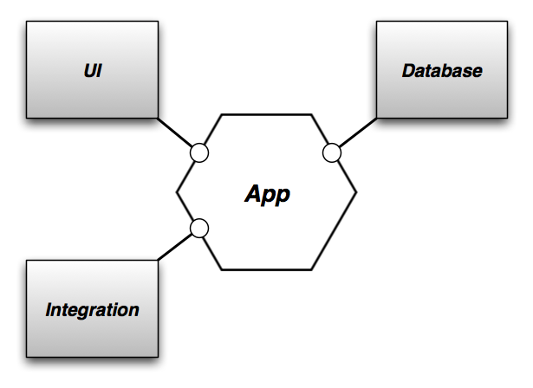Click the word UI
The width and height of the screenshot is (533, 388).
pyautogui.click(x=92, y=70)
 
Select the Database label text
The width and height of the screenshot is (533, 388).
pyautogui.click(x=441, y=70)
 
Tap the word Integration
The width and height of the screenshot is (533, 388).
pyautogui.click(x=92, y=308)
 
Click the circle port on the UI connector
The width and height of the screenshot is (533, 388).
pyautogui.click(x=199, y=153)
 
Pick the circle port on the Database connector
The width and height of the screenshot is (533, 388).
pyautogui.click(x=332, y=153)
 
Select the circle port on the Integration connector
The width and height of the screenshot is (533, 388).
pyautogui.click(x=199, y=229)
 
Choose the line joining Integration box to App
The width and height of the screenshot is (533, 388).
pyautogui.click(x=176, y=246)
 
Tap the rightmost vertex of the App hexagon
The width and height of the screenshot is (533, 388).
pyautogui.click(x=356, y=192)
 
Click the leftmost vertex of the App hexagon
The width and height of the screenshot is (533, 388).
pyautogui.click(x=177, y=192)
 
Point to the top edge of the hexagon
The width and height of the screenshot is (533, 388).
pyautogui.click(x=266, y=114)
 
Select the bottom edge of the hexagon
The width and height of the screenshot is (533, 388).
pyautogui.click(x=266, y=269)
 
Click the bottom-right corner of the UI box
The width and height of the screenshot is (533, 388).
pyautogui.click(x=158, y=118)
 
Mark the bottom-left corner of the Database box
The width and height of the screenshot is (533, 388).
pyautogui.click(x=376, y=118)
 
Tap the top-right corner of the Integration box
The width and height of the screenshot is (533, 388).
pyautogui.click(x=158, y=260)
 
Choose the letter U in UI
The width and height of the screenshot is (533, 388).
pyautogui.click(x=88, y=70)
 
